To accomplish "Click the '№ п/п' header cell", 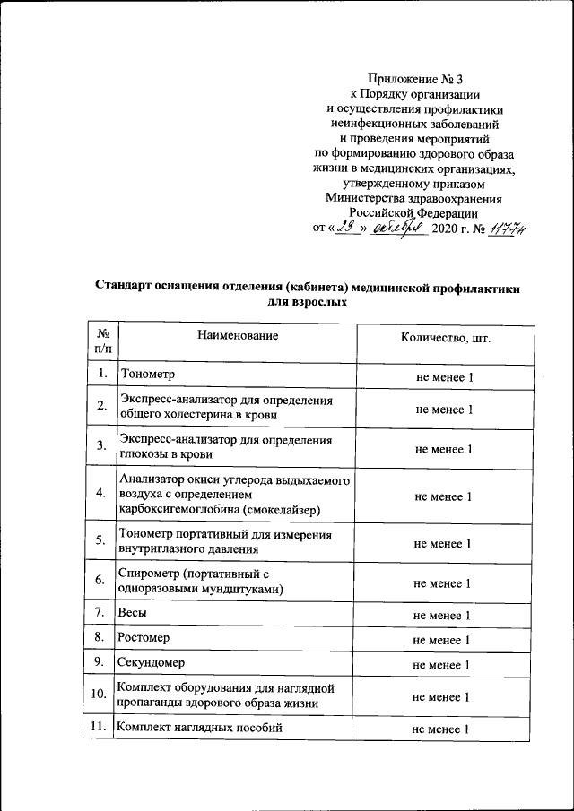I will pos(102,340).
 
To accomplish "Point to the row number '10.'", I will pos(100,695).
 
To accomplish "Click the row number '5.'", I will pos(101,541).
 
